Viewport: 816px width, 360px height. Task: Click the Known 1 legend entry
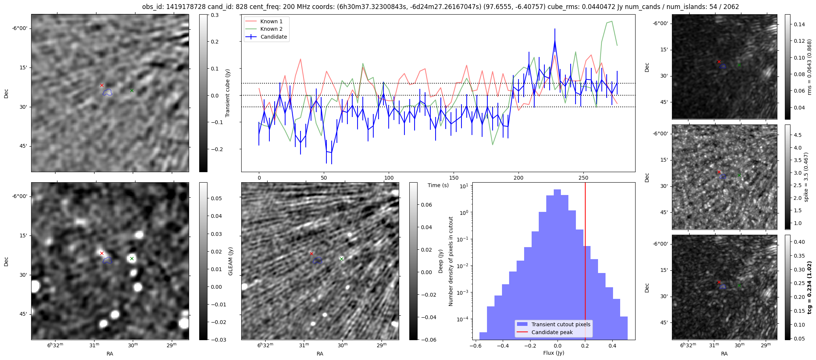pyautogui.click(x=271, y=21)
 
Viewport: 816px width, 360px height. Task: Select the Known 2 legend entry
pyautogui.click(x=271, y=29)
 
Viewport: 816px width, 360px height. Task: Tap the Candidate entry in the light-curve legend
pyautogui.click(x=274, y=37)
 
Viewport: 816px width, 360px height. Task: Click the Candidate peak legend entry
pyautogui.click(x=552, y=332)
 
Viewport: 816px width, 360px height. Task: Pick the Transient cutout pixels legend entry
pyautogui.click(x=561, y=324)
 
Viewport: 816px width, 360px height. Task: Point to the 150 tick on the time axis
pyautogui.click(x=454, y=177)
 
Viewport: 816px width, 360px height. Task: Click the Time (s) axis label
pyautogui.click(x=438, y=185)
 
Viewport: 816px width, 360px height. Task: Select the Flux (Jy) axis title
pyautogui.click(x=553, y=353)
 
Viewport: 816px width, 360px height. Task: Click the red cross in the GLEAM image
pyautogui.click(x=102, y=253)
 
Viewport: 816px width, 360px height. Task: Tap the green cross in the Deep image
pyautogui.click(x=341, y=259)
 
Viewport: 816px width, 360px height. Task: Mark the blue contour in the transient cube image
pyautogui.click(x=108, y=92)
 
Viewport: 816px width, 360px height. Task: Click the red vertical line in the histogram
pyautogui.click(x=585, y=262)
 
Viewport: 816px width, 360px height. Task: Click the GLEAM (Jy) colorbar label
pyautogui.click(x=230, y=261)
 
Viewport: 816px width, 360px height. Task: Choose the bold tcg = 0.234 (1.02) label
pyautogui.click(x=809, y=287)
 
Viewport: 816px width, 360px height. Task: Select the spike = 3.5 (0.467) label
pyautogui.click(x=806, y=177)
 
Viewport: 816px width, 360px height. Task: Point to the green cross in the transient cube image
pyautogui.click(x=132, y=90)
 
